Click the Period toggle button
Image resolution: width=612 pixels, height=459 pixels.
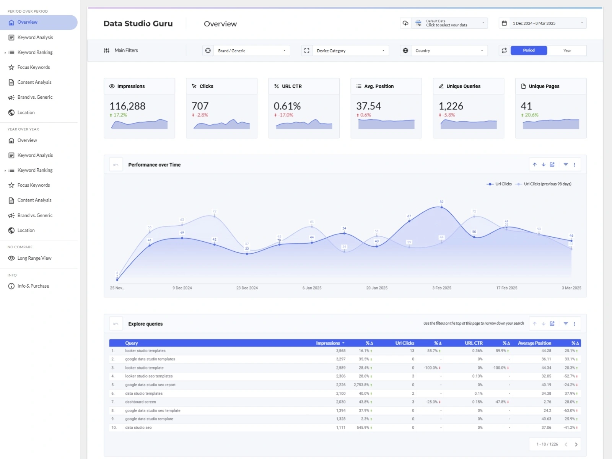pos(529,50)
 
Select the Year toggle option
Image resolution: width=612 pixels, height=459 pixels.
pos(567,50)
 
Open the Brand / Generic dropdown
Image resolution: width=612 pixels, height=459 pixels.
pos(251,50)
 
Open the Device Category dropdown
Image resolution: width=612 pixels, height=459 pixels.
pos(350,50)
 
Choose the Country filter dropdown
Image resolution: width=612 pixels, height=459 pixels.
pos(449,50)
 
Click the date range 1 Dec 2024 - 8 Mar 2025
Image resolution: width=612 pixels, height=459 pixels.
pos(547,23)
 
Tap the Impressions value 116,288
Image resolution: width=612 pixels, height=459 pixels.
pos(127,106)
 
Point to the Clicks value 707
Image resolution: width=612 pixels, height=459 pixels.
pos(200,106)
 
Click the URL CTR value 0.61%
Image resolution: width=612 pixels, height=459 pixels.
pos(287,106)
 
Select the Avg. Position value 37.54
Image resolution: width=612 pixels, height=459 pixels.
pos(368,106)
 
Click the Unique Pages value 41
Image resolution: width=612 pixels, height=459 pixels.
pos(526,106)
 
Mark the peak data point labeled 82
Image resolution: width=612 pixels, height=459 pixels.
pos(441,207)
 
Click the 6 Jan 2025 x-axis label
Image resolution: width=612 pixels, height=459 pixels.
pos(312,288)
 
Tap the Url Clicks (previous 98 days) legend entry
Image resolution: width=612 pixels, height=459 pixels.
pos(547,184)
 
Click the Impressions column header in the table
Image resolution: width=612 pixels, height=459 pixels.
pos(328,343)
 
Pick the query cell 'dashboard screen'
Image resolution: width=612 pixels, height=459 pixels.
pos(140,402)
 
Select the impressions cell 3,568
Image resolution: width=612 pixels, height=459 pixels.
pos(340,351)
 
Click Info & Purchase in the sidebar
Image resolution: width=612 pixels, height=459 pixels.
pos(33,286)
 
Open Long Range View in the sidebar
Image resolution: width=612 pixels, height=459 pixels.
pos(34,258)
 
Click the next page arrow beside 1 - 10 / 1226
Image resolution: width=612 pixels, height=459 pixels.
pos(576,444)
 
